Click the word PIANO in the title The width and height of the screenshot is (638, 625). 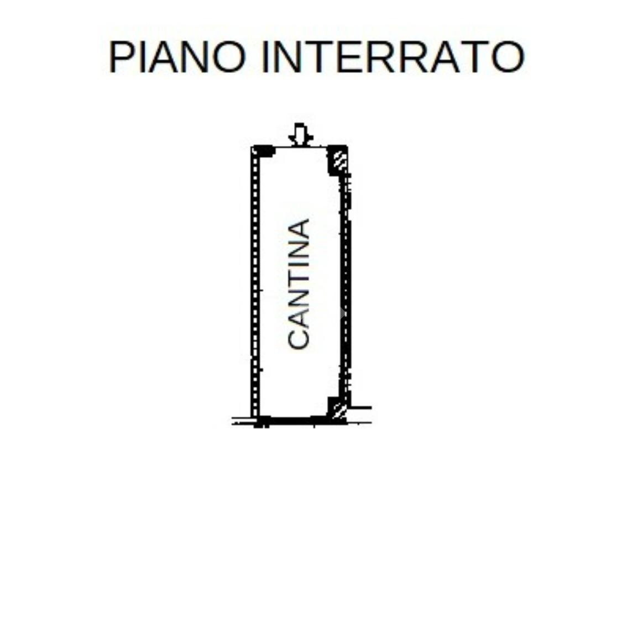tap(177, 57)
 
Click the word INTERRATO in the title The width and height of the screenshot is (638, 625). tap(393, 57)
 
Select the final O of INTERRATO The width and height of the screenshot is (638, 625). tap(508, 57)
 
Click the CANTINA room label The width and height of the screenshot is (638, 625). tap(299, 284)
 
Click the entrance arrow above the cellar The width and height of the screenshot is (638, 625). tap(300, 134)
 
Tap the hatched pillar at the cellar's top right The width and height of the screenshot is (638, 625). tap(338, 160)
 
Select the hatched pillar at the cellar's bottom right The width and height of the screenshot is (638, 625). tap(338, 409)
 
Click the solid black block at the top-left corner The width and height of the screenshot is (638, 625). tap(264, 151)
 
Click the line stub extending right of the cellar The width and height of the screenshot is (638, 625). tap(360, 408)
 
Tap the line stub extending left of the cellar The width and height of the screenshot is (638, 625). tap(242, 421)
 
